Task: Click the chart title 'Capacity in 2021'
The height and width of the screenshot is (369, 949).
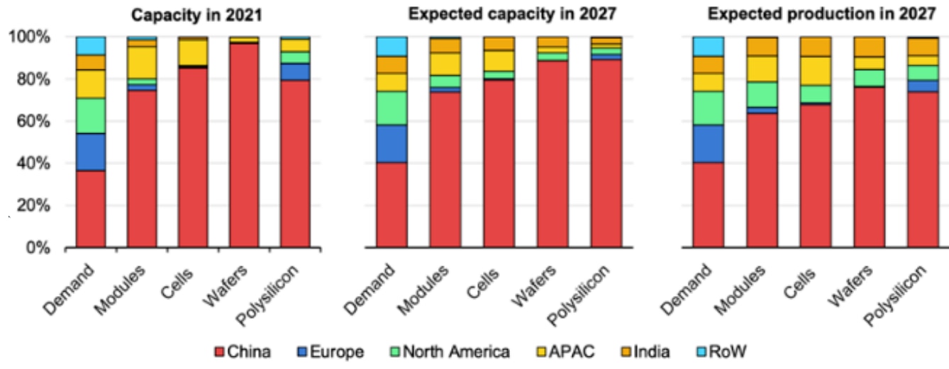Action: click(x=192, y=13)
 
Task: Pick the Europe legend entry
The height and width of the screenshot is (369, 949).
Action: click(x=338, y=351)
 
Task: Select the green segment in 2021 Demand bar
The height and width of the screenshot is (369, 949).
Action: click(x=91, y=115)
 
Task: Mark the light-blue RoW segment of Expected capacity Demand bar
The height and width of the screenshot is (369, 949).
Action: click(x=392, y=46)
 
